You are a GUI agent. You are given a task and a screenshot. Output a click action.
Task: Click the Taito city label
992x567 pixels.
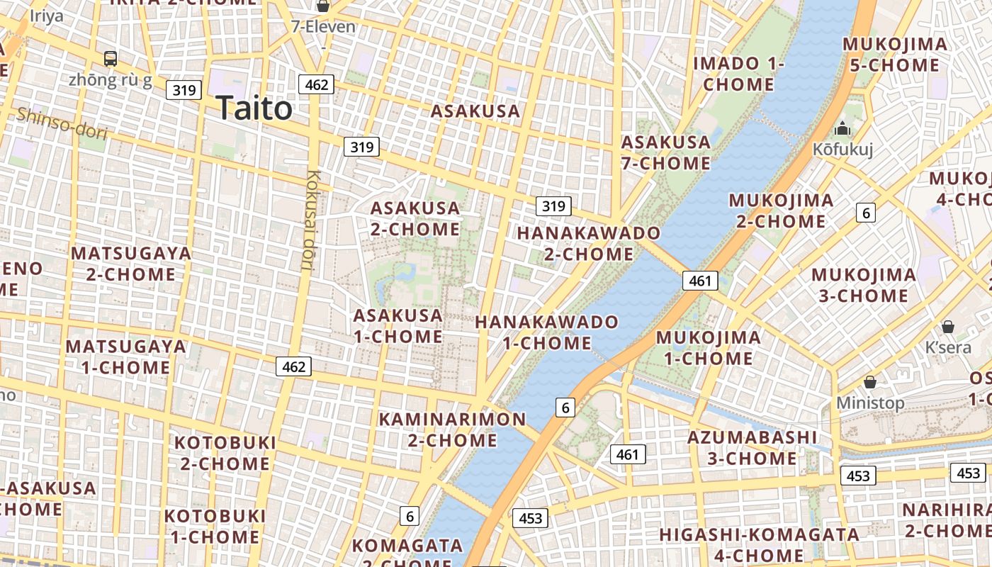254,108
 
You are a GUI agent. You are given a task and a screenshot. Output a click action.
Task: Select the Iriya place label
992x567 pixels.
46,16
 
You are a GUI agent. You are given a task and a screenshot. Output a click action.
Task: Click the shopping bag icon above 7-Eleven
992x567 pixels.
323,6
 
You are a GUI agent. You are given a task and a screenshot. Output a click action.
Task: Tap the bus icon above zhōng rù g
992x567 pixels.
111,58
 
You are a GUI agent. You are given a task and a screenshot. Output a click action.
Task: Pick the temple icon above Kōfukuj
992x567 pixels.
842,128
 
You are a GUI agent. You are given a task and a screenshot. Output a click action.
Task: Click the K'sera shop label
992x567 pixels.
948,347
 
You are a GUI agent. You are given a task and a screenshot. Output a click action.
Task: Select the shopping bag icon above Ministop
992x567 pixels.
870,382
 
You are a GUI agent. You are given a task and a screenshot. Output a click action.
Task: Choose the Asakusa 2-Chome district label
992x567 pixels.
415,218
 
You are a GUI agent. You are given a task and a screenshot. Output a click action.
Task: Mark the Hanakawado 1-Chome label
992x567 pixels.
546,332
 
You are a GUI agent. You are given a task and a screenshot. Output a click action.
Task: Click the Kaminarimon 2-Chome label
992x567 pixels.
452,430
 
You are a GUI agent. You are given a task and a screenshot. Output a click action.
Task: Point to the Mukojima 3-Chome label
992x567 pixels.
863,285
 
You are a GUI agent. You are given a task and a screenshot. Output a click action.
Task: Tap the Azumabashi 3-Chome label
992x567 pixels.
752,447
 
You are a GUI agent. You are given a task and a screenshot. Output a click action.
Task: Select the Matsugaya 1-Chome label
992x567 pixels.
125,357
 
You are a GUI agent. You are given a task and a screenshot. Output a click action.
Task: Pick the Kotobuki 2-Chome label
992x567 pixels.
225,453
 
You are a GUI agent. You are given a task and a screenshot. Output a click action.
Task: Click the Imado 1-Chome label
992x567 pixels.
738,74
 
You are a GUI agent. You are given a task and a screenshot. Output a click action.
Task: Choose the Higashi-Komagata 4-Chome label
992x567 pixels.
759,544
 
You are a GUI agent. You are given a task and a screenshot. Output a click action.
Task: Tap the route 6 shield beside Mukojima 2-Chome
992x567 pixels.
865,212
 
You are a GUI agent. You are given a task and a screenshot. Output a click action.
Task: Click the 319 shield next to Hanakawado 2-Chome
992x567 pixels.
553,206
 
